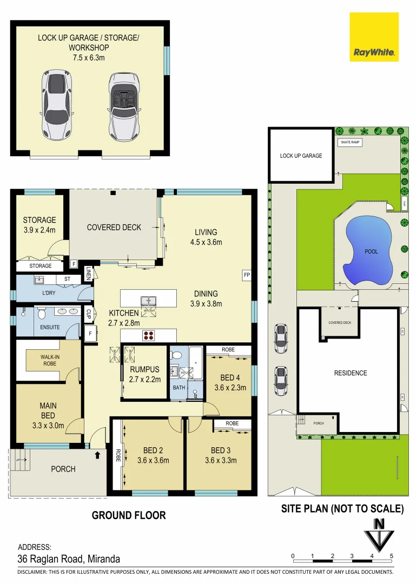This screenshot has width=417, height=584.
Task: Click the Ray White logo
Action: coord(374,37)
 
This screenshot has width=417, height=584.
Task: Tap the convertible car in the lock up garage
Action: coord(124,105)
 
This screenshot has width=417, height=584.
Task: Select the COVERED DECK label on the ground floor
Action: coord(114,227)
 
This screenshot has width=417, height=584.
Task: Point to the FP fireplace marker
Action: coord(246,274)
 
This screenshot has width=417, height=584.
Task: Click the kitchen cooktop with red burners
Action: coord(149,335)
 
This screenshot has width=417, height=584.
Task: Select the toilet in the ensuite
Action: coord(41,314)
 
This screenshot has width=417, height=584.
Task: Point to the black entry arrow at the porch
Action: coord(97,455)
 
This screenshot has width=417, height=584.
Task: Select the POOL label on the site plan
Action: coord(372,251)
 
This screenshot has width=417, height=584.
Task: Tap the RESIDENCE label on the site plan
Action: coord(350,373)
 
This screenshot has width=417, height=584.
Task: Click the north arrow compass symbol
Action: coord(380,533)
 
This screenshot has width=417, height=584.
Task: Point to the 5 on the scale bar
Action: coord(391,556)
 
